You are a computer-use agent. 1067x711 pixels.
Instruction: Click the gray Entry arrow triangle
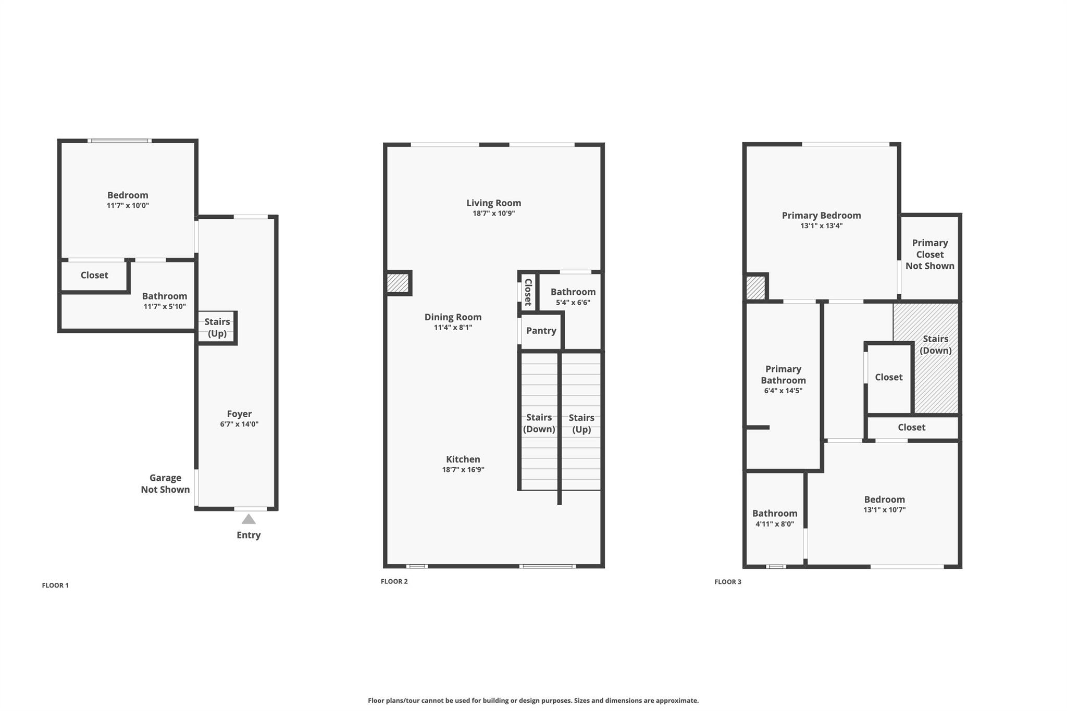click(x=249, y=519)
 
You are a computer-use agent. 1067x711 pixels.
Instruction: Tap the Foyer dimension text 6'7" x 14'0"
click(x=239, y=424)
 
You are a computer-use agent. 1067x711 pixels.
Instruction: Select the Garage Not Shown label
click(x=165, y=483)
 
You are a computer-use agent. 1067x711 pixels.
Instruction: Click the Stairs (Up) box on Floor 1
click(x=217, y=328)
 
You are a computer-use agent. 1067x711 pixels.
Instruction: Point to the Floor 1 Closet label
click(x=94, y=275)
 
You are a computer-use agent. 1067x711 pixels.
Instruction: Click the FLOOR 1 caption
click(x=55, y=585)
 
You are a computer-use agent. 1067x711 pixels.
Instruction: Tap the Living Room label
click(x=493, y=203)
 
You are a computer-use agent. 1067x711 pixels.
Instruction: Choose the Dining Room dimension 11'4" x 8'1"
click(x=453, y=328)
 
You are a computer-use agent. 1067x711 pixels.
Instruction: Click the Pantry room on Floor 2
click(x=541, y=331)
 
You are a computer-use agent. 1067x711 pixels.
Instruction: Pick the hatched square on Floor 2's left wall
click(x=398, y=283)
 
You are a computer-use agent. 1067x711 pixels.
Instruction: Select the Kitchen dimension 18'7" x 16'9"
click(x=463, y=470)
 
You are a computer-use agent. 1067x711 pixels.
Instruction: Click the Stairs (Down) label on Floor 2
click(x=539, y=423)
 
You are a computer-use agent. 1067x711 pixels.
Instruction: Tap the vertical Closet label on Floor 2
click(x=528, y=292)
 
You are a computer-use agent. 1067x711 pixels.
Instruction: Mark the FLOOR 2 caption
click(x=394, y=582)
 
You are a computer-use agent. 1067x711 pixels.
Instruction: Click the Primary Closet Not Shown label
click(x=930, y=254)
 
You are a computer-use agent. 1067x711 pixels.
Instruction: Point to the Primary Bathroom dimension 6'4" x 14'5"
click(x=783, y=391)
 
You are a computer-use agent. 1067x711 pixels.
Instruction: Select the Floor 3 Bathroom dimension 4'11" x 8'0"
click(x=775, y=524)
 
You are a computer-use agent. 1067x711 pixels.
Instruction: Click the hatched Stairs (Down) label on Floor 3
click(x=935, y=344)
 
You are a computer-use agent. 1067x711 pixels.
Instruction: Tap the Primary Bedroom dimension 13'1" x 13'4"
click(x=822, y=226)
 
